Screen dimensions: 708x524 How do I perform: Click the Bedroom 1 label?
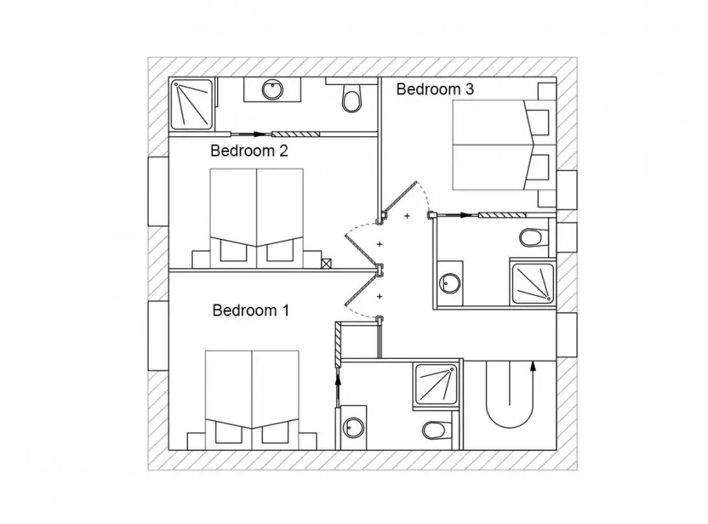(x=251, y=310)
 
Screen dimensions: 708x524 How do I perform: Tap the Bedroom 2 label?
(x=249, y=150)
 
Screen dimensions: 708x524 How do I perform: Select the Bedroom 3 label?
(x=435, y=89)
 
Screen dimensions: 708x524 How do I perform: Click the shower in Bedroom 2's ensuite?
(x=191, y=104)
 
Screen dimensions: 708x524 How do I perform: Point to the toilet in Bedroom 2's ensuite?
(x=352, y=98)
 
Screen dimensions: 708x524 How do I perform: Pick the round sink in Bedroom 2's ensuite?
(x=272, y=89)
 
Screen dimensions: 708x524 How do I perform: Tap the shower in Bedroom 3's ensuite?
(x=533, y=283)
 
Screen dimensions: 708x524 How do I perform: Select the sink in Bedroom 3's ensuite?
(x=449, y=283)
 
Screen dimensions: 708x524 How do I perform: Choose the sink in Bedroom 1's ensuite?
(x=353, y=427)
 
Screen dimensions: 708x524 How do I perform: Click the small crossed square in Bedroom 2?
(x=326, y=264)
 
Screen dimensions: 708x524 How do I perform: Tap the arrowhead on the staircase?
(x=533, y=367)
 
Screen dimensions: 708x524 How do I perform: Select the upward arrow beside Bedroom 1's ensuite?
(x=338, y=388)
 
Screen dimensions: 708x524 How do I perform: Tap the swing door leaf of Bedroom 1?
(x=360, y=291)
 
